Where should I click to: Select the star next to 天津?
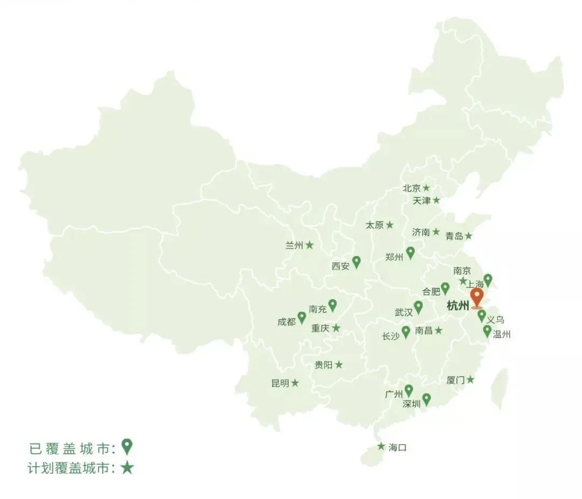tap(436, 200)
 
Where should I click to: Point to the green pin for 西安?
tap(356, 262)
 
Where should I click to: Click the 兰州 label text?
tap(294, 245)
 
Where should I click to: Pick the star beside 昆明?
tap(295, 383)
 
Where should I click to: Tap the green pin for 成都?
tap(302, 317)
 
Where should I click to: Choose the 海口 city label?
tap(397, 447)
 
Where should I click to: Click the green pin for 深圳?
tap(426, 399)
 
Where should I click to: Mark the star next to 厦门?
tap(470, 379)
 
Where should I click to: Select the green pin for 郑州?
tap(410, 252)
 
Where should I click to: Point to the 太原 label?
tap(375, 225)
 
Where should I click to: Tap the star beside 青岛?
tap(469, 236)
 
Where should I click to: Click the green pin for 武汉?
tap(418, 307)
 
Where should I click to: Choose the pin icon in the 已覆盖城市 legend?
tap(127, 446)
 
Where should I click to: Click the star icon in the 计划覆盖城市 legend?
tap(127, 467)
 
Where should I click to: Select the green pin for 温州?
tap(487, 331)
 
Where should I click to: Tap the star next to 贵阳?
tap(339, 365)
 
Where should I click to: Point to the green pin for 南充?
tap(332, 306)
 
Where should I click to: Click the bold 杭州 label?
tap(458, 307)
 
